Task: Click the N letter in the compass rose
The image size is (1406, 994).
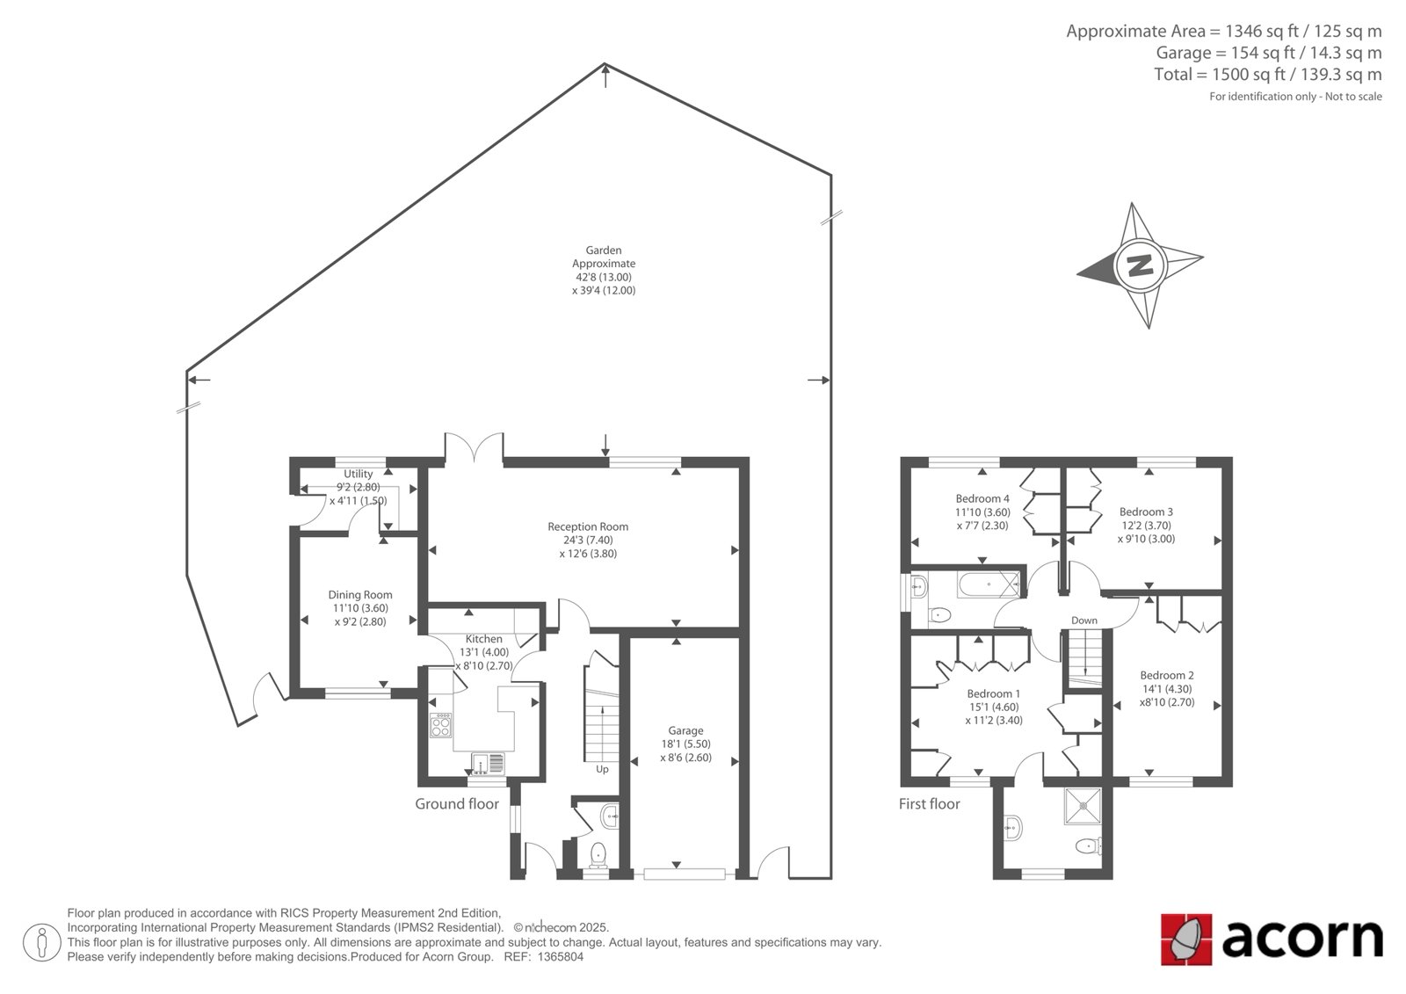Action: [x=1140, y=265]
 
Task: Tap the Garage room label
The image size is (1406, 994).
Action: [x=685, y=731]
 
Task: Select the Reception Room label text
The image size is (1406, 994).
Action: [x=588, y=526]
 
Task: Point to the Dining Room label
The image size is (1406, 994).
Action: [x=360, y=595]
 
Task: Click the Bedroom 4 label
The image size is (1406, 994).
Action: [x=982, y=498]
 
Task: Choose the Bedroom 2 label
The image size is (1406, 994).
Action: [x=1167, y=675]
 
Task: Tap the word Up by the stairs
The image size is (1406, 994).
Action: [x=602, y=769]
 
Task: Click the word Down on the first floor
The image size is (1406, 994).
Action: [x=1084, y=620]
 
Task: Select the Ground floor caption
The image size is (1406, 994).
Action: [x=457, y=804]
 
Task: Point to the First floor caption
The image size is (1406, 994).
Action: [x=929, y=804]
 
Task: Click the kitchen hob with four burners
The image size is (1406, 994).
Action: [x=440, y=724]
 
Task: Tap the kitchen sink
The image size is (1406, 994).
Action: [x=488, y=762]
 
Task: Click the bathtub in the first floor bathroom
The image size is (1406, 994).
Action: [x=989, y=584]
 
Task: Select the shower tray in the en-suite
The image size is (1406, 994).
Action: [x=1083, y=806]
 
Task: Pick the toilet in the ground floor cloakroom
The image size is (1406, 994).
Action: [x=598, y=854]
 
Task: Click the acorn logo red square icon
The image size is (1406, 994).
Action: [x=1186, y=940]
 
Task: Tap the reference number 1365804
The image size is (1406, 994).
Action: [x=560, y=957]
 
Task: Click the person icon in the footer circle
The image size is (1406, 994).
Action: [x=42, y=942]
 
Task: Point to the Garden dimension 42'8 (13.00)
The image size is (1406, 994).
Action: [x=603, y=277]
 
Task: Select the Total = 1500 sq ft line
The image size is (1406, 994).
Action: [x=1268, y=75]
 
